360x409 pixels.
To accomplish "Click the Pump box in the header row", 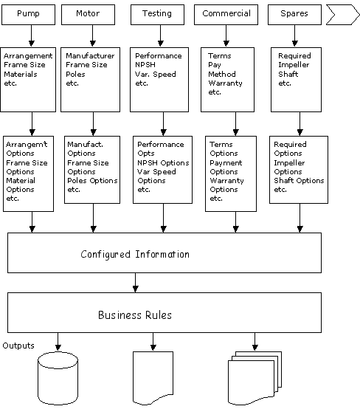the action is (29, 15).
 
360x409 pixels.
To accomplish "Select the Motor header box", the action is (88, 15).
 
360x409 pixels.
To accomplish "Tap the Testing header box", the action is (157, 15).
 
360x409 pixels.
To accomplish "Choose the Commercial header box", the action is (226, 15).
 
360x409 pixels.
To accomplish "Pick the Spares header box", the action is (294, 15).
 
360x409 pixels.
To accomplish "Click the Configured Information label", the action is (135, 254).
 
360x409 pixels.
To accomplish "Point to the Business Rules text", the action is (135, 315).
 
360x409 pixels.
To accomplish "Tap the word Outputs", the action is (18, 346).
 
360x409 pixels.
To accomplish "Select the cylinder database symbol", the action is (58, 378).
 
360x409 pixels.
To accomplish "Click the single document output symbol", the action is (153, 378).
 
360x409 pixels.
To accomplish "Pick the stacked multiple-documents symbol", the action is (255, 378).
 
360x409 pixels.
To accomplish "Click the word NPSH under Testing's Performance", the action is (145, 65).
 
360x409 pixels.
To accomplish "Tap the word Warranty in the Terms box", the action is (225, 83).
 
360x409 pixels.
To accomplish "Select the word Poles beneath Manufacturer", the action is (75, 75).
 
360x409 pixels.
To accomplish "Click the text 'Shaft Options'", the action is (299, 180).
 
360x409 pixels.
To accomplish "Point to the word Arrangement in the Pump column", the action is (28, 56).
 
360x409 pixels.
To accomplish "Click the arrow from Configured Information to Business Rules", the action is (135, 283).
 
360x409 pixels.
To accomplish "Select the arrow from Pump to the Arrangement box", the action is (31, 36).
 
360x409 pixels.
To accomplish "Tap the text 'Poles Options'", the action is (92, 180).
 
